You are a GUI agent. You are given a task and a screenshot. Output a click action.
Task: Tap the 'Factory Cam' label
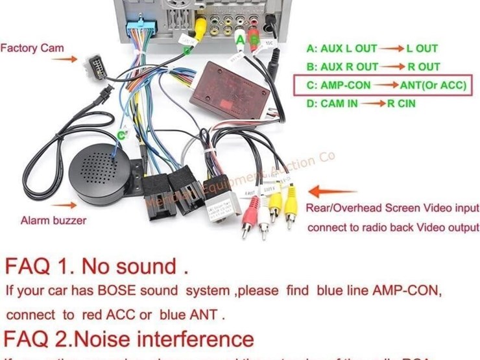(x=32, y=48)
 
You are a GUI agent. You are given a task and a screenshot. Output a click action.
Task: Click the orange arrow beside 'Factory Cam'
(x=64, y=59)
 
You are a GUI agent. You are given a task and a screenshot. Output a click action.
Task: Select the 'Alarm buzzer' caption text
(x=53, y=221)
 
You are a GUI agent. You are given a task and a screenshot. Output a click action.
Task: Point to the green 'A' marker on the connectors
(x=240, y=40)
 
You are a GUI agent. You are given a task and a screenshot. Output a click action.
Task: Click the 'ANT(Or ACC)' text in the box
(x=434, y=85)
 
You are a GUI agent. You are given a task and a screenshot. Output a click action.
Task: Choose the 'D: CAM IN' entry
(x=334, y=103)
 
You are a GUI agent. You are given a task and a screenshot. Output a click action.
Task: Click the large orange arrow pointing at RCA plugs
(x=331, y=192)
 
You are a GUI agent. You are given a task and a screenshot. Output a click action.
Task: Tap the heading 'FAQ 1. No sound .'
(x=97, y=266)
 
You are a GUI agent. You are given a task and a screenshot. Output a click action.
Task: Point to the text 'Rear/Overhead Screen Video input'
(x=393, y=208)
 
